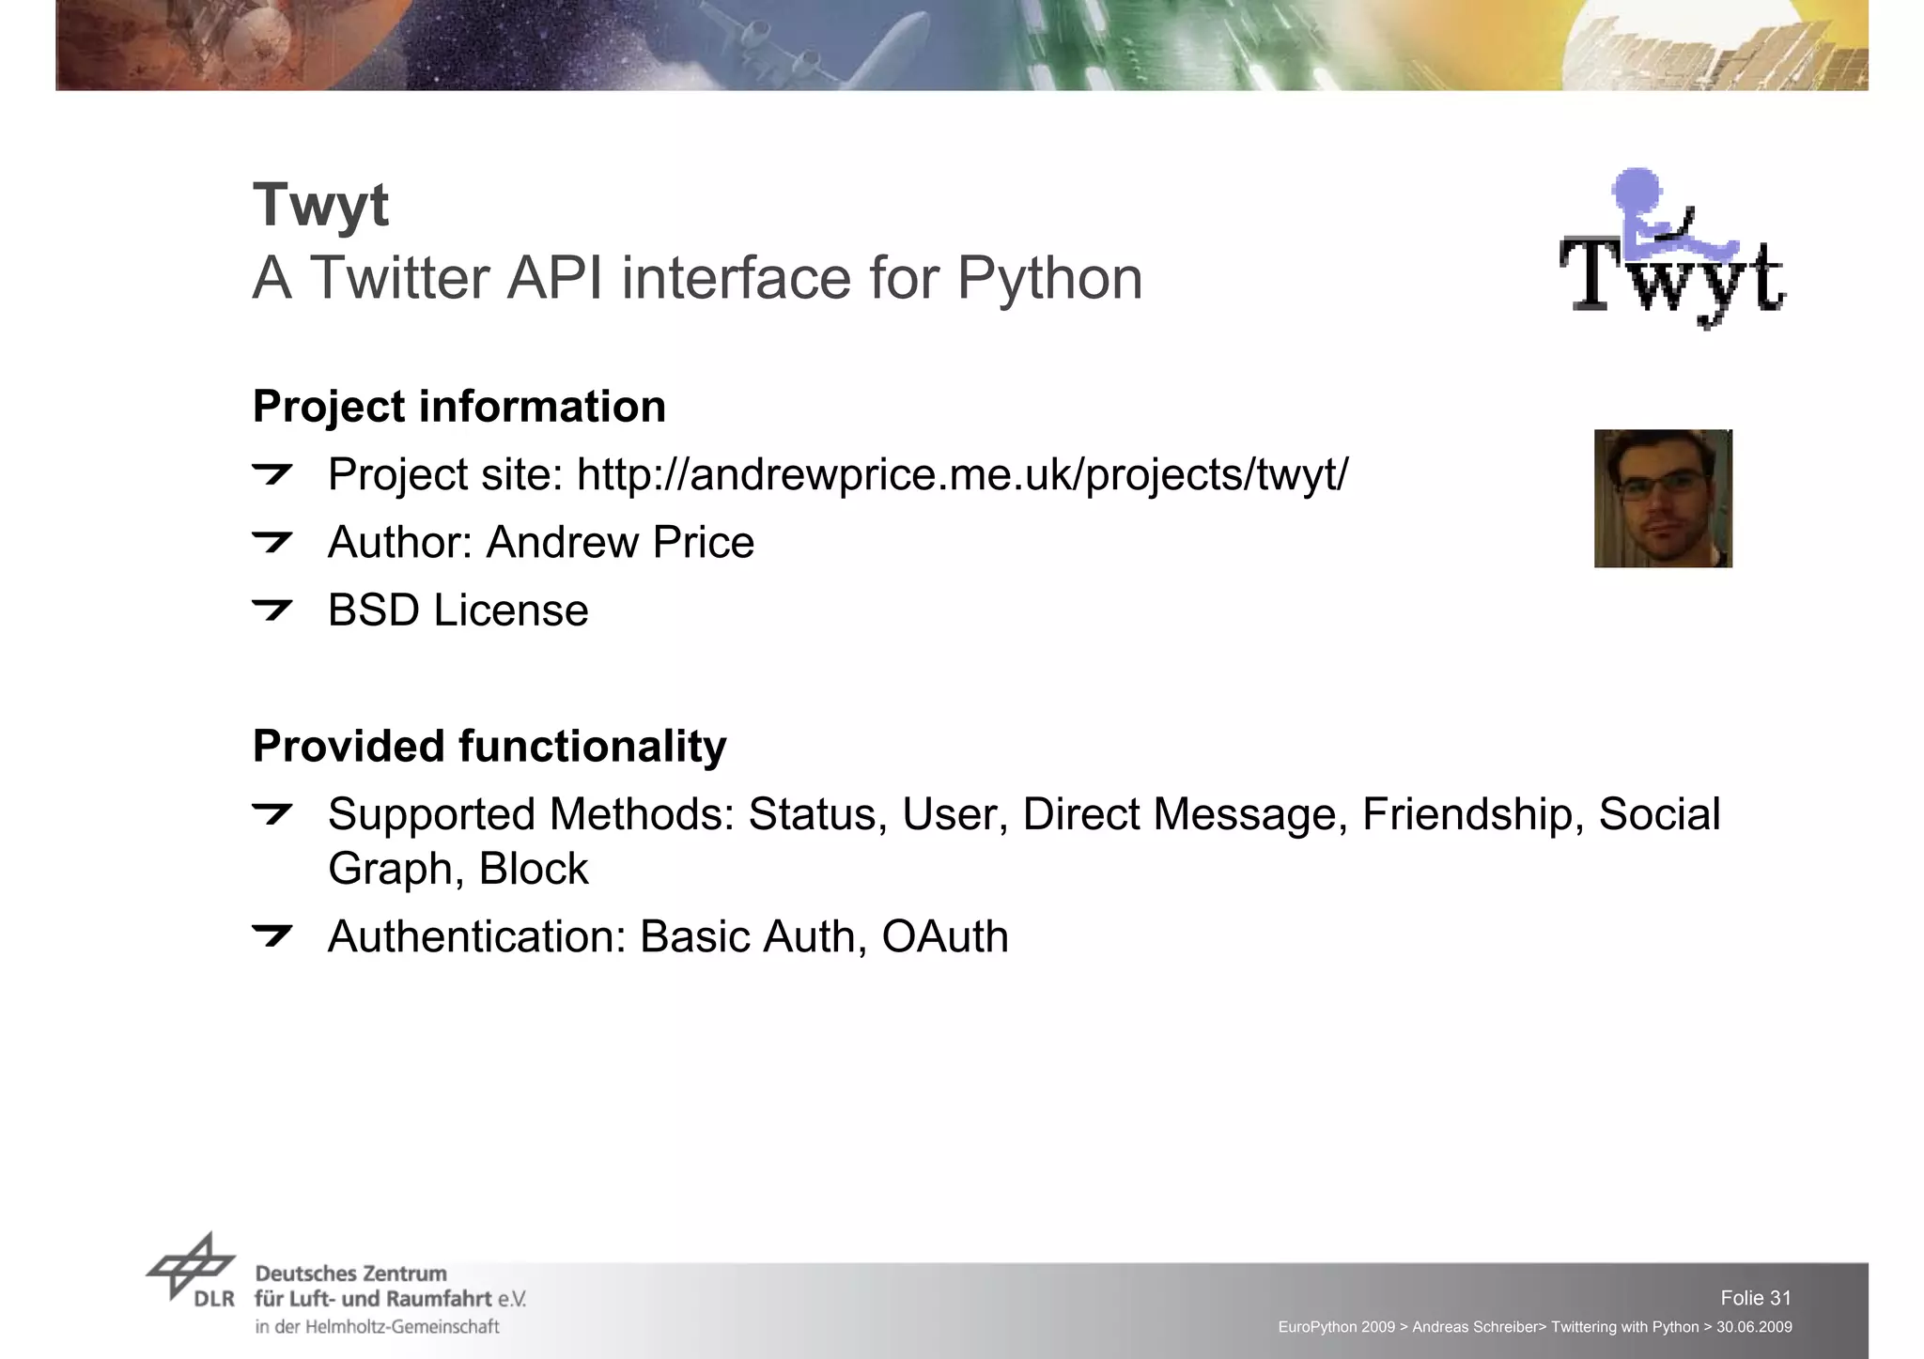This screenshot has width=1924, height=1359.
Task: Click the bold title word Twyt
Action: click(x=320, y=205)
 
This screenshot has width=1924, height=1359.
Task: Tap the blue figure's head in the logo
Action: click(x=1636, y=189)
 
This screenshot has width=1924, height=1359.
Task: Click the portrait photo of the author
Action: click(x=1663, y=498)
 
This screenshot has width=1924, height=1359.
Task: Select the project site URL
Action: click(x=962, y=474)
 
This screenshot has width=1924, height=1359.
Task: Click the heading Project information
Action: click(x=459, y=407)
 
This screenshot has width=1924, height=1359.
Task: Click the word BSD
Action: click(x=373, y=610)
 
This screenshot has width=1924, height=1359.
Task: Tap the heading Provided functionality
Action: click(x=489, y=747)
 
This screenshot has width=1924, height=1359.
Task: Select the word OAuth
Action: click(x=944, y=937)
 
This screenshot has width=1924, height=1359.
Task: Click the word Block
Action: click(x=533, y=869)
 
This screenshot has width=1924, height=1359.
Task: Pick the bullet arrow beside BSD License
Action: click(x=272, y=610)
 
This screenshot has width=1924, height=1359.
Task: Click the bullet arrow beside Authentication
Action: click(x=272, y=934)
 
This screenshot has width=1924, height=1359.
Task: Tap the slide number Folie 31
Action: click(x=1755, y=1298)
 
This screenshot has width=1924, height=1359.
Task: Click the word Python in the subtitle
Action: click(x=1049, y=279)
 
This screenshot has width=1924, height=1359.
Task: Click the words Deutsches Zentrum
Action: click(x=350, y=1274)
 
